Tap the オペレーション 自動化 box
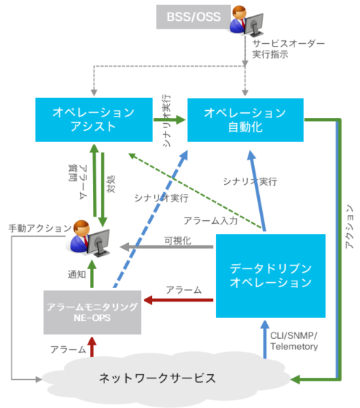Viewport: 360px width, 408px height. (245, 119)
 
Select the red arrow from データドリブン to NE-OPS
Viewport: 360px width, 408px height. (180, 299)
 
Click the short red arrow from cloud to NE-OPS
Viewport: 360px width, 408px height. (91, 347)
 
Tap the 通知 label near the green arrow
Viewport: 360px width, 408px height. (72, 274)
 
